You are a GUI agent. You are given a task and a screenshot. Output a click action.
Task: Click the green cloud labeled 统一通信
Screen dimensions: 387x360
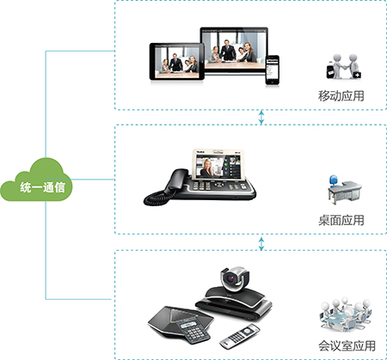coord(36,181)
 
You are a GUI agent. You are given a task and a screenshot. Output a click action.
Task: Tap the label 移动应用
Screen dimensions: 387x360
coord(341,96)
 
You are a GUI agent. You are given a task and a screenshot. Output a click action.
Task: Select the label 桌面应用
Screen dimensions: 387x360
coord(341,221)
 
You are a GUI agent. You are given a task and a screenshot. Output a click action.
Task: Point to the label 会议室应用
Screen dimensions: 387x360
coord(347,345)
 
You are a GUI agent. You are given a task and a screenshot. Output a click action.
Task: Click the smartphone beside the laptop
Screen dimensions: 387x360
coord(272,70)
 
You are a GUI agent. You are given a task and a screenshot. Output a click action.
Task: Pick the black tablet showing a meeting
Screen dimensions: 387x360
coord(177,62)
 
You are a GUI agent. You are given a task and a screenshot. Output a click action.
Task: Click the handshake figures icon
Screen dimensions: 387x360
coord(343,66)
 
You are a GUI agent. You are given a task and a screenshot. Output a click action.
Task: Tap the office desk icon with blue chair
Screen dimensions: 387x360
coord(345,190)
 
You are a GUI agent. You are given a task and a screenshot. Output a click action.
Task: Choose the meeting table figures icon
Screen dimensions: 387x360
coord(346,314)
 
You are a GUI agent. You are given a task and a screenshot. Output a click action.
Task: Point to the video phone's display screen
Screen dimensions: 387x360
coord(218,165)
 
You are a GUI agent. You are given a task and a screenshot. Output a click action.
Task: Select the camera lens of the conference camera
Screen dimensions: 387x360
coord(230,278)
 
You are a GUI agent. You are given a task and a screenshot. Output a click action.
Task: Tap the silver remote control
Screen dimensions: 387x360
coord(240,336)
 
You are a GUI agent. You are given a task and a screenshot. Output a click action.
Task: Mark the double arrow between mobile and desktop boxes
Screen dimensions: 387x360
coord(261,117)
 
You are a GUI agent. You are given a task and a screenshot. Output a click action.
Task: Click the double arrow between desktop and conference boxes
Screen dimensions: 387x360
coord(261,243)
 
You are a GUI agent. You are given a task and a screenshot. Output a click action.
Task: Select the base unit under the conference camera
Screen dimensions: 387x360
coord(234,304)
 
